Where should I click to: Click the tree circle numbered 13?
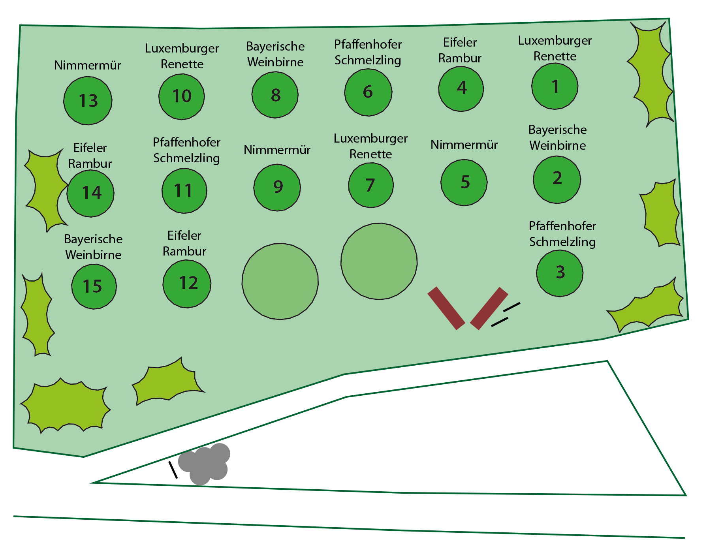(x=88, y=101)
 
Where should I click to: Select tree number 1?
(x=555, y=86)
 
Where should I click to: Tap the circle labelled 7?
(x=370, y=185)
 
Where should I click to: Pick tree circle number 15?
(x=94, y=286)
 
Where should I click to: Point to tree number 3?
(x=559, y=272)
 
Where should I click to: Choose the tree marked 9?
(x=277, y=187)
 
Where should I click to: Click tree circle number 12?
(x=187, y=283)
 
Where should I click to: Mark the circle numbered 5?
(x=464, y=182)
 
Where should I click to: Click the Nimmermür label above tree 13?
(x=87, y=65)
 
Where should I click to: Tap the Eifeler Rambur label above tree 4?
(x=460, y=50)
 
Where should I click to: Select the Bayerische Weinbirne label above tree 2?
(x=557, y=137)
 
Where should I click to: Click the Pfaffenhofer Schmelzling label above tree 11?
(x=186, y=150)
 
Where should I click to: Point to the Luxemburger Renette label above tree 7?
(x=370, y=146)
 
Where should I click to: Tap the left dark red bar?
(x=446, y=308)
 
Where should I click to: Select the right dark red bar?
(x=489, y=308)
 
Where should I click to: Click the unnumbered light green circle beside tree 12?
(x=280, y=281)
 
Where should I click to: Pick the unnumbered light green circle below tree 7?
(x=379, y=261)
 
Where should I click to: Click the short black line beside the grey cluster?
(x=173, y=470)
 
